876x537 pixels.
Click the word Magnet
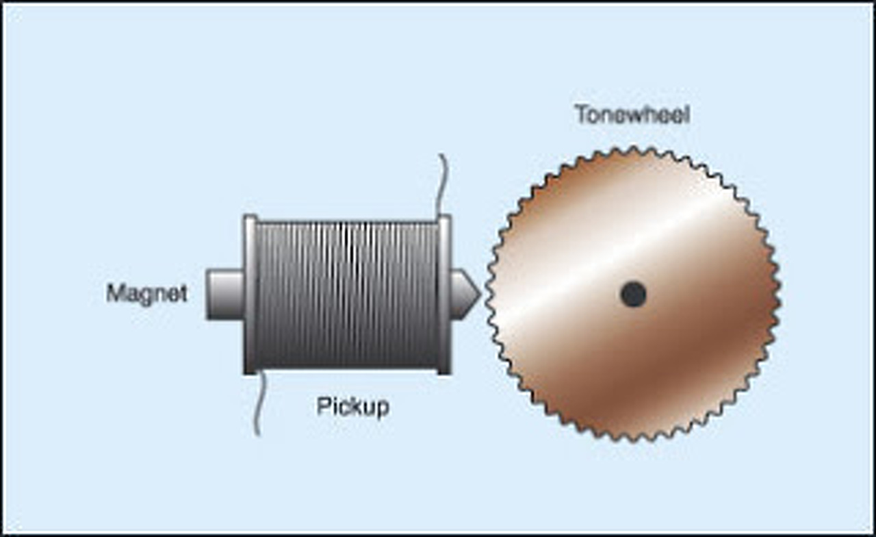(146, 294)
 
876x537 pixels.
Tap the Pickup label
(352, 407)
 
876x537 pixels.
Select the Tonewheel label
(632, 114)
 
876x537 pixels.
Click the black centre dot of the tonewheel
(633, 295)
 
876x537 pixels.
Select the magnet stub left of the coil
(224, 295)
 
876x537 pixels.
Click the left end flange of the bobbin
(250, 295)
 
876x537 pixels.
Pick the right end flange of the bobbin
(444, 295)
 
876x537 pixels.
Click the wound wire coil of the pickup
(347, 295)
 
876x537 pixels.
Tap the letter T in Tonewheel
(580, 114)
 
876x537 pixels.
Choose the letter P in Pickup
(322, 407)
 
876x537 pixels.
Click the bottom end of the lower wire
(257, 434)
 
